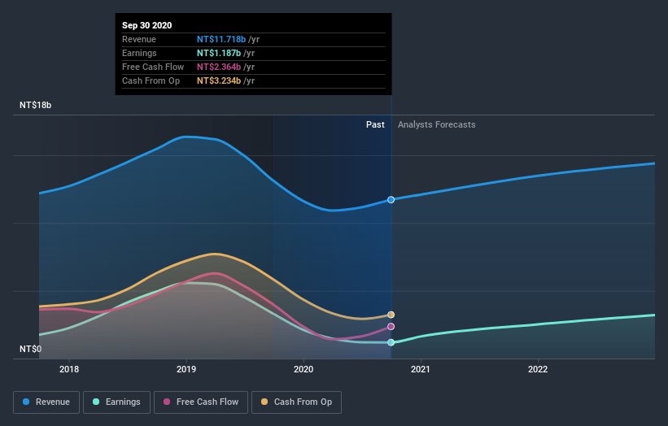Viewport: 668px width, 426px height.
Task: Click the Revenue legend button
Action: [x=46, y=402]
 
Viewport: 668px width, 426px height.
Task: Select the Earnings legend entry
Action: [x=116, y=402]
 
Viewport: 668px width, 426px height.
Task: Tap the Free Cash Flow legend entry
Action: [x=201, y=402]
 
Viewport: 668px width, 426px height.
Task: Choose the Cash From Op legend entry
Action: [x=298, y=402]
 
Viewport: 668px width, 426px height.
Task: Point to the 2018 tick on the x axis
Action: [x=69, y=369]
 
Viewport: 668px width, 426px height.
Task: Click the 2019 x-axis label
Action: [x=186, y=369]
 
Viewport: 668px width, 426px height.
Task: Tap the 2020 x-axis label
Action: [x=303, y=369]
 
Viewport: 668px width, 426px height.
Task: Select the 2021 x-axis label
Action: [x=421, y=369]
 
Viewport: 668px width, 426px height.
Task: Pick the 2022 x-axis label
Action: [x=538, y=369]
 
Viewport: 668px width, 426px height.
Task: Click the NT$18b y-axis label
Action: [x=36, y=106]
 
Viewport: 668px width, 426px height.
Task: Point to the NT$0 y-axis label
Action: [x=30, y=349]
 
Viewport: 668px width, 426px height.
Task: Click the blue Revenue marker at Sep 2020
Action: [x=391, y=199]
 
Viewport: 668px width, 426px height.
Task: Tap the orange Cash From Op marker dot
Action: [x=391, y=315]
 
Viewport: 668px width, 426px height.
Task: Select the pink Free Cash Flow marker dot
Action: [x=391, y=327]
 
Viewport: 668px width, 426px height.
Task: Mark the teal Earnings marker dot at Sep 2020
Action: [x=391, y=342]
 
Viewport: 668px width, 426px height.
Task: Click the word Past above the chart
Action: [x=375, y=124]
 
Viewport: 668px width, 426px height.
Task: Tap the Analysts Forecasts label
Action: [x=436, y=124]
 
